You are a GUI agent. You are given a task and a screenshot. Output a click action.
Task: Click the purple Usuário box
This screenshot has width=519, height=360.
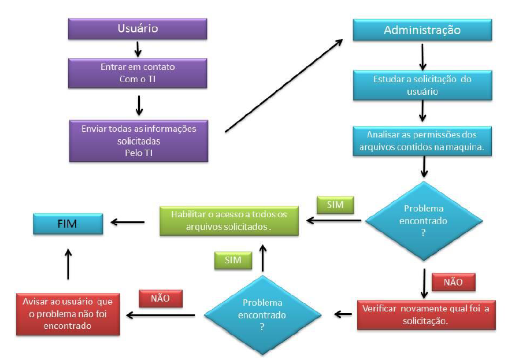138,28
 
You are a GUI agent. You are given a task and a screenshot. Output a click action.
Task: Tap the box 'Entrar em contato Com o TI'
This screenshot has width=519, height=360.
138,73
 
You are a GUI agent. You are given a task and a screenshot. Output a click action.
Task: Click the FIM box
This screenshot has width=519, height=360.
68,223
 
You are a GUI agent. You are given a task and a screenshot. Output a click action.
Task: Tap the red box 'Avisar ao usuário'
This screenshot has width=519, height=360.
68,314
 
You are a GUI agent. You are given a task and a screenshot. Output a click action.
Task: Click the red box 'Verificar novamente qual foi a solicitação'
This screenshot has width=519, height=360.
426,314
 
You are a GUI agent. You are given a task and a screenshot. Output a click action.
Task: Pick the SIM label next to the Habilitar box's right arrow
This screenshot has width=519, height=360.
335,205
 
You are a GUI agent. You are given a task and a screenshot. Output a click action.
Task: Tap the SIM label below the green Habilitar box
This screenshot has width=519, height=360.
233,260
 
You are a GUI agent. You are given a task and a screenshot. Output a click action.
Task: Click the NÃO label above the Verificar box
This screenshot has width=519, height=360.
453,282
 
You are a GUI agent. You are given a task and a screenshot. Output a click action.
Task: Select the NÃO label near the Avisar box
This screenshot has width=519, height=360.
160,298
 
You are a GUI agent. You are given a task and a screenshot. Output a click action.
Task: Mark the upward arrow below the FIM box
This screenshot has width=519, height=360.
68,264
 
